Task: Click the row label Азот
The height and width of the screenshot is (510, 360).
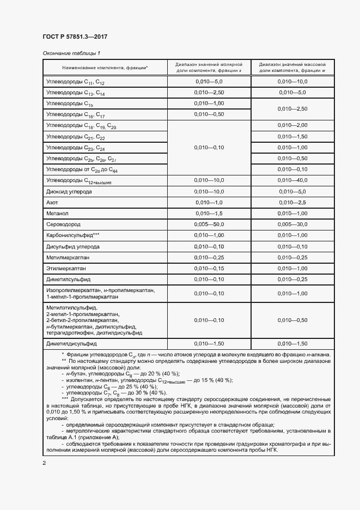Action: (53, 202)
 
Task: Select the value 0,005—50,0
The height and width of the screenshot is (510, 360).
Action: (210, 224)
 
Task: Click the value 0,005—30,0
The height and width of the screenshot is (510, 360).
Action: (292, 224)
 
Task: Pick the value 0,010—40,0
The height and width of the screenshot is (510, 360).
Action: (292, 181)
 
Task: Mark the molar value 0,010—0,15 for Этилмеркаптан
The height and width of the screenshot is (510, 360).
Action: (210, 268)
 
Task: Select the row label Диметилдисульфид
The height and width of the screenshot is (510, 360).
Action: (71, 344)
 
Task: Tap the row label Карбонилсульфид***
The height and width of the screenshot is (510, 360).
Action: (73, 235)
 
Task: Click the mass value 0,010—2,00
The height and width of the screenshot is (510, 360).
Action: (292, 125)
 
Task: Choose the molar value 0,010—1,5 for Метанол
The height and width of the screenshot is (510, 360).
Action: (210, 213)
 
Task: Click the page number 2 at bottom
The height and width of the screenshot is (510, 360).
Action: (45, 463)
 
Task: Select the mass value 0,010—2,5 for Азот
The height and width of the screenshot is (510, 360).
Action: (292, 202)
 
